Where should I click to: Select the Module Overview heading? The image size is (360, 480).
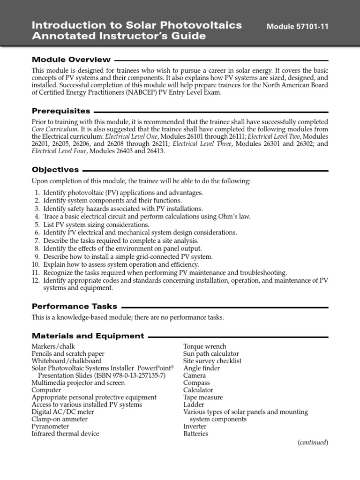coord(71,60)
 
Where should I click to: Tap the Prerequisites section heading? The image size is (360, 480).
coord(61,111)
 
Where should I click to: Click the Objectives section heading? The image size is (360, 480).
coord(55,170)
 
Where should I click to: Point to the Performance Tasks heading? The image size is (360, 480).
coord(74,306)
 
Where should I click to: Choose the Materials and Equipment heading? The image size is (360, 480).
coord(88,336)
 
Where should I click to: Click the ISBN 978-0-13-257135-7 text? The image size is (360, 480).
coord(120,375)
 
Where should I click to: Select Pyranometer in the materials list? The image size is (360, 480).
coord(50,427)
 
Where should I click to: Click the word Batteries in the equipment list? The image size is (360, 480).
coord(195,434)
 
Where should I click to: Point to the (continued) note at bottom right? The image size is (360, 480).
coord(313,442)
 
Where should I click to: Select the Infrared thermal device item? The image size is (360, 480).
coord(65,434)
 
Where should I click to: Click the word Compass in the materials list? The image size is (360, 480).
coord(196,382)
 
